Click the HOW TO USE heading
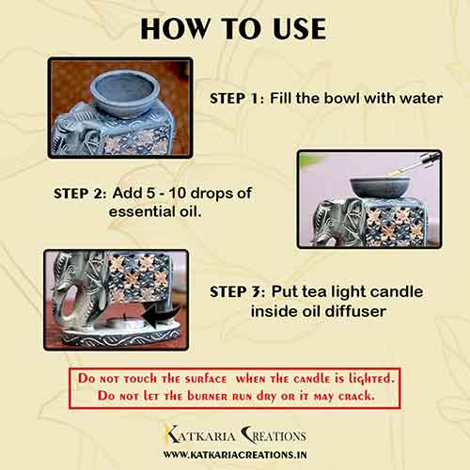pos(234,28)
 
